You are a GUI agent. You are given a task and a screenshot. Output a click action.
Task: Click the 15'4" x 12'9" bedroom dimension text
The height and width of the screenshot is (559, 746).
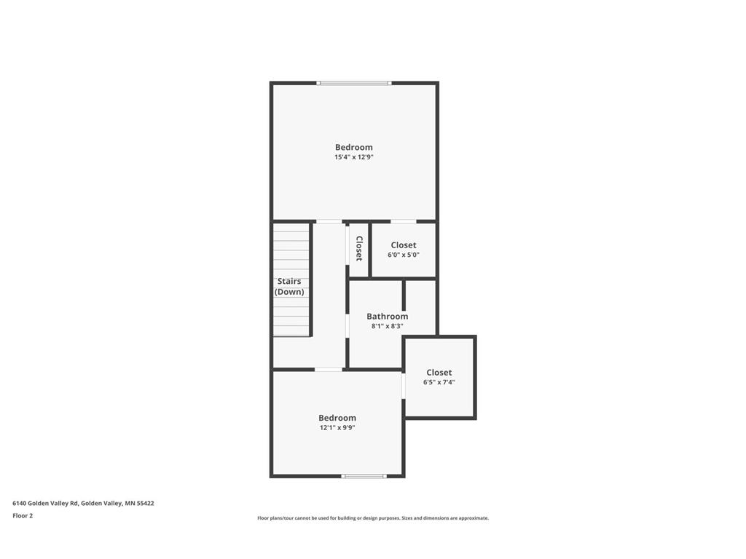354,157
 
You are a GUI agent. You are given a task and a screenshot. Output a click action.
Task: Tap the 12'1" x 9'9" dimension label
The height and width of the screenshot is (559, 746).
337,427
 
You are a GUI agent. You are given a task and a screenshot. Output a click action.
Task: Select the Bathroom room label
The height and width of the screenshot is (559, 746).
388,316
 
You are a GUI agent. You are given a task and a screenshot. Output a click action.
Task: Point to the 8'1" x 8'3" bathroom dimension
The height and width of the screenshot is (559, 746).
388,326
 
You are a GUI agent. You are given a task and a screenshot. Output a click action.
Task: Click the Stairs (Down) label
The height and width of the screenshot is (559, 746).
289,287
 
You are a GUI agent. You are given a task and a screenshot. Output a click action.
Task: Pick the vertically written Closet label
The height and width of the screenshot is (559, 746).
359,249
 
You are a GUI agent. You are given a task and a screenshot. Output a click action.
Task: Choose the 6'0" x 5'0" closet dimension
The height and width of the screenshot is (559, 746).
404,255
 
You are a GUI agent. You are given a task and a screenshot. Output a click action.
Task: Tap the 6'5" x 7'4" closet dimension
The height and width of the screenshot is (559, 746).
439,382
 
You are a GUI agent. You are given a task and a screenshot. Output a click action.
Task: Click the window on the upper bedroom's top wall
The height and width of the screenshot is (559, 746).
354,83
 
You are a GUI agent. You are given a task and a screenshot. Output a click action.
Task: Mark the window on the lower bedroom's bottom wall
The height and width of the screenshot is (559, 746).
364,476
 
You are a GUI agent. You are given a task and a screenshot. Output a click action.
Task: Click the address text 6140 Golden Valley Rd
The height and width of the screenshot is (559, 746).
45,504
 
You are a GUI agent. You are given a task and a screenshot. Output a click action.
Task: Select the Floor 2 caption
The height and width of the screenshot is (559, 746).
23,516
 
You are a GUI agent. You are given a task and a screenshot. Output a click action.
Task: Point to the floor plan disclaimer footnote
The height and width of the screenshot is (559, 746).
373,518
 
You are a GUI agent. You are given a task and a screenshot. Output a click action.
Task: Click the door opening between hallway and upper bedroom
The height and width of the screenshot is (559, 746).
329,221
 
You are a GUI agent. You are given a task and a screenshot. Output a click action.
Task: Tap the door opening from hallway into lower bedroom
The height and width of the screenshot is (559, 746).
329,369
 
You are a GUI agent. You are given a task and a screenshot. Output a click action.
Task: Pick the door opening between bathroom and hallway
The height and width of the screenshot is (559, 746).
348,325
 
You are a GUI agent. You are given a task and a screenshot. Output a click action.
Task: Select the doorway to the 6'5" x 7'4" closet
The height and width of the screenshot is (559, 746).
404,385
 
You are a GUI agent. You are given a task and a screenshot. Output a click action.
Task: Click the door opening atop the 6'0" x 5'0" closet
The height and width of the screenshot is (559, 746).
404,221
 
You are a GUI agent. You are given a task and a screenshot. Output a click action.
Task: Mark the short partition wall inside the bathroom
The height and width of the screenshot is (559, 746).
404,295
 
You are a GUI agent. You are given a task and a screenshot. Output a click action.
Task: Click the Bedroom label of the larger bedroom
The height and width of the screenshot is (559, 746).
354,147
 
